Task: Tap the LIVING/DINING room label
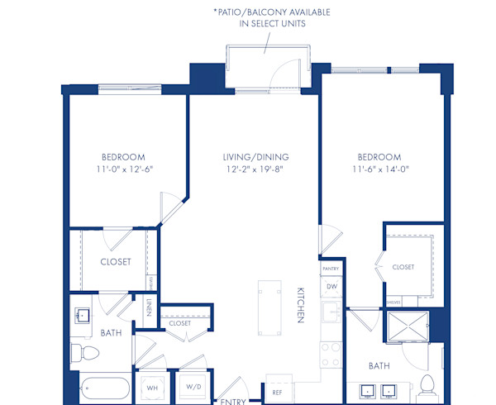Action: point(260,157)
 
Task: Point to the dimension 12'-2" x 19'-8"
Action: point(260,170)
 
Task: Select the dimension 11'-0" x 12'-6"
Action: point(123,170)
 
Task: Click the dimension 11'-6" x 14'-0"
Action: point(379,170)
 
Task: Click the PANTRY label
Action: point(331,269)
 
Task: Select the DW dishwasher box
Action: point(331,287)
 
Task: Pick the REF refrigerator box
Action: point(278,392)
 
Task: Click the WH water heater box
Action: point(152,387)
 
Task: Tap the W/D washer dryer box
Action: point(193,387)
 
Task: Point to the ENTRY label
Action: point(231,401)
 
